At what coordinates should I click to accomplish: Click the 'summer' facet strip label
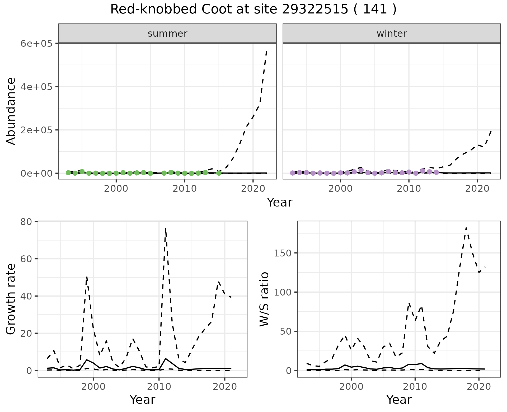(167, 34)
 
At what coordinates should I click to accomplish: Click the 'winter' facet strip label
(392, 34)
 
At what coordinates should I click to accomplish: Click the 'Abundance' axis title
(11, 111)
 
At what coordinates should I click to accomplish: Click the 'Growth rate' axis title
(11, 299)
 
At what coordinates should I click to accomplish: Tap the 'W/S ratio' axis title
(264, 299)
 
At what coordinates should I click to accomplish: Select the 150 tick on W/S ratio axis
(282, 253)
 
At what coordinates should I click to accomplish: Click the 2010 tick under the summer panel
(184, 189)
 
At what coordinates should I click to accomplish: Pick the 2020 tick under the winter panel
(477, 189)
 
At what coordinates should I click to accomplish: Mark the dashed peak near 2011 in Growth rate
(165, 228)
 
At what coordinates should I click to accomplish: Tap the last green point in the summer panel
(219, 173)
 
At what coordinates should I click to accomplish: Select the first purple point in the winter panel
(293, 173)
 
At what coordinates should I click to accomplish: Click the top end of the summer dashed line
(266, 51)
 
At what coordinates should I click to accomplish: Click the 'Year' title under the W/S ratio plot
(399, 400)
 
